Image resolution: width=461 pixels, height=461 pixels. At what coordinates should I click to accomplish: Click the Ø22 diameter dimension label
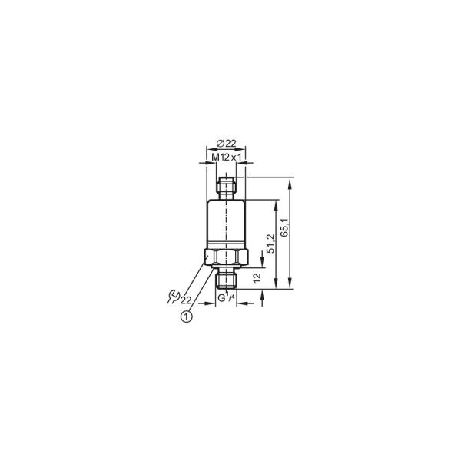227,144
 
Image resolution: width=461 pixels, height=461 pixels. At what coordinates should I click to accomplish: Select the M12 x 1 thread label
227,158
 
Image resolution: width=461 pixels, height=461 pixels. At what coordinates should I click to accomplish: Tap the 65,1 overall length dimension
284,227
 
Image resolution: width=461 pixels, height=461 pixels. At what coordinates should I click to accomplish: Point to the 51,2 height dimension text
270,244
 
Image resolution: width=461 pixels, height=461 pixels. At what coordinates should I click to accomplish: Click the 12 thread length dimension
257,277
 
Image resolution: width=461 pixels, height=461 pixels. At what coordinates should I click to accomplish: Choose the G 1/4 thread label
226,297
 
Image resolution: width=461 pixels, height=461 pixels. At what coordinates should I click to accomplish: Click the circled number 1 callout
187,317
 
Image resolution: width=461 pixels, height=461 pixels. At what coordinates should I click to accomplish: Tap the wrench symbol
174,297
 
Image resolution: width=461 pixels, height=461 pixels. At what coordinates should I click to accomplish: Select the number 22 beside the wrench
186,300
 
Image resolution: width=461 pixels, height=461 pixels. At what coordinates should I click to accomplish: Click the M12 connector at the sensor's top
226,188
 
